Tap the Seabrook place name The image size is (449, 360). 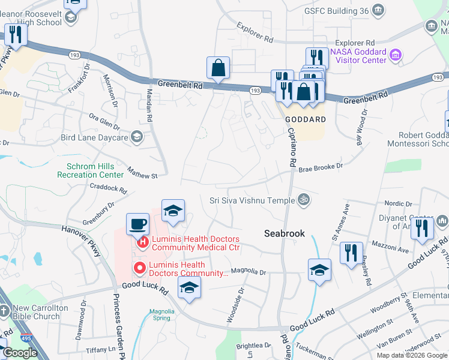[x=285, y=233]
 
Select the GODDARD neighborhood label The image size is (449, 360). [x=305, y=119]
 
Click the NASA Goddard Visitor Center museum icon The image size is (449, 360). [x=396, y=56]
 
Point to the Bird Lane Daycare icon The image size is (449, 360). [x=137, y=137]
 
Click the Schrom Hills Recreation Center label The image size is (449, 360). [x=90, y=170]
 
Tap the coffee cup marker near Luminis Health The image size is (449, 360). [x=137, y=224]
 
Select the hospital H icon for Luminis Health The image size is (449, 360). [x=143, y=242]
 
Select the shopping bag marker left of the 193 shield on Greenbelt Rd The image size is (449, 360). [x=218, y=68]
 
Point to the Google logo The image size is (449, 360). [x=20, y=353]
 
